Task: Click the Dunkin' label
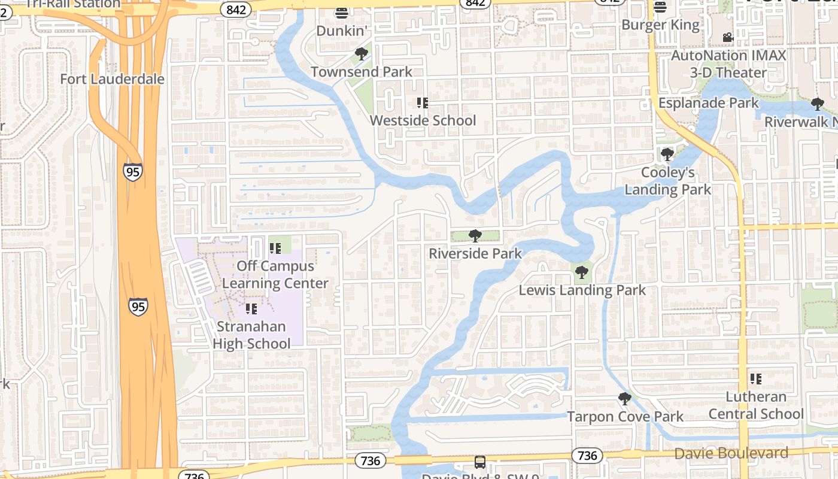point(341,31)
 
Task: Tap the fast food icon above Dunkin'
point(342,12)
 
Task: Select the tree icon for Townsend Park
point(361,54)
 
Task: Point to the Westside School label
point(423,120)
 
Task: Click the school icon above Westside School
point(423,103)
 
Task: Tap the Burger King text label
point(660,25)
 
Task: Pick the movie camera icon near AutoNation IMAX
point(728,38)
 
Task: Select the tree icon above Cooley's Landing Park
point(667,154)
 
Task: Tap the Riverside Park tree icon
point(475,236)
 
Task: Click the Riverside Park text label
point(475,254)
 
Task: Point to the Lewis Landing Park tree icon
point(581,273)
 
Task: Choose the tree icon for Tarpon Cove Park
point(625,399)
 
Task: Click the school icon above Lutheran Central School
point(756,379)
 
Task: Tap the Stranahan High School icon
point(251,309)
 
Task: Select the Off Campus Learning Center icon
point(275,248)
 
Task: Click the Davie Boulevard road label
point(731,453)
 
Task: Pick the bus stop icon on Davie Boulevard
point(480,462)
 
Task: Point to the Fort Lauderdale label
point(112,79)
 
